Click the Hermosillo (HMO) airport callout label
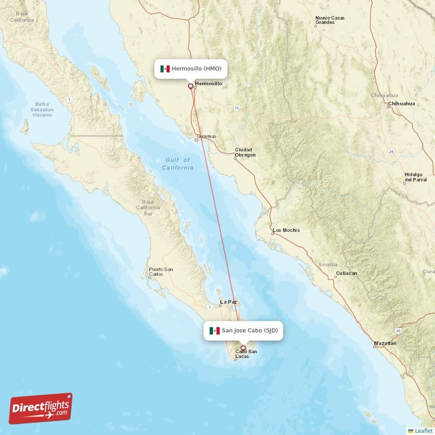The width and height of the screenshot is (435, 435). pos(190,69)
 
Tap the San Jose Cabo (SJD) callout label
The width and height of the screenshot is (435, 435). pos(244,331)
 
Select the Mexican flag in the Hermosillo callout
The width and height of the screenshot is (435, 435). pos(165,69)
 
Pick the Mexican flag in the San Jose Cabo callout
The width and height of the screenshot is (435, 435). pos(215,331)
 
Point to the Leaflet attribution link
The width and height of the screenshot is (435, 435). pos(423,431)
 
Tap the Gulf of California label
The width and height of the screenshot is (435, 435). pos(178,164)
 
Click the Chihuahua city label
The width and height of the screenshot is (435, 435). pos(401,103)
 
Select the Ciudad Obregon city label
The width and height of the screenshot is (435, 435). pos(245,152)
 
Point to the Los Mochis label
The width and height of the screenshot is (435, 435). pos(286,230)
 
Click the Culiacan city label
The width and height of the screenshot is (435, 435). pos(346,273)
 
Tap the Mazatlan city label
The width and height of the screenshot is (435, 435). pos(385,344)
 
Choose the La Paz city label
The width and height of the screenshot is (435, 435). pos(228,301)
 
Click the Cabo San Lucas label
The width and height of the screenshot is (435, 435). pos(246,354)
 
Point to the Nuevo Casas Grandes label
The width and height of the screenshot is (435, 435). pos(330,21)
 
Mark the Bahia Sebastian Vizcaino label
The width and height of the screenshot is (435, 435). pos(42,109)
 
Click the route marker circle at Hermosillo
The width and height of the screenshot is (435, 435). pos(190,86)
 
